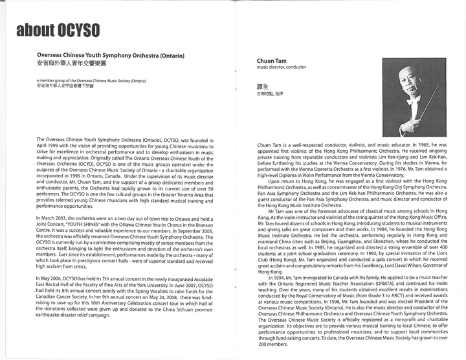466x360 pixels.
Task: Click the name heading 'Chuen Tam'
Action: click(271, 61)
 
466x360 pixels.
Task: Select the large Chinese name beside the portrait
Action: click(262, 86)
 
